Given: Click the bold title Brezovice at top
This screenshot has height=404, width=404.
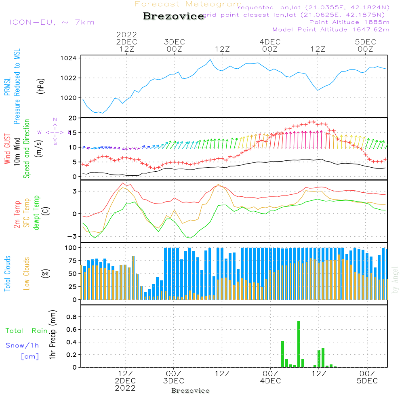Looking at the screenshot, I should tap(174, 17).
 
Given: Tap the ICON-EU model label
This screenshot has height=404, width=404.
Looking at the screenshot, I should tap(52, 22).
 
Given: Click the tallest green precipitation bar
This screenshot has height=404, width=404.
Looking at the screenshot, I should tap(299, 343).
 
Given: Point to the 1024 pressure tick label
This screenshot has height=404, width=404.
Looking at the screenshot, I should tap(68, 58).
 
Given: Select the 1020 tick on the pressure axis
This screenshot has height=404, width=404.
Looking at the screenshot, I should tap(68, 97).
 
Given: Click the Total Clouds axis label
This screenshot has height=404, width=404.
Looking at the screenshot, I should tap(7, 274).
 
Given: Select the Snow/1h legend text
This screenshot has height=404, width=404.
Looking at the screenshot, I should tap(22, 345).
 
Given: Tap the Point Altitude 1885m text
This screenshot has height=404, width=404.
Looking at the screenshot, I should tap(349, 22).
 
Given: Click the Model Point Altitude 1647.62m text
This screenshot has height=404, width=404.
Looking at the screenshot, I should tap(331, 29).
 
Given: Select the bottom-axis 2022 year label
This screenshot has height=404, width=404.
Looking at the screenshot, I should tap(125, 388).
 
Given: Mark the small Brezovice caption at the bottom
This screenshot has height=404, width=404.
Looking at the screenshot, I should tap(190, 391).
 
